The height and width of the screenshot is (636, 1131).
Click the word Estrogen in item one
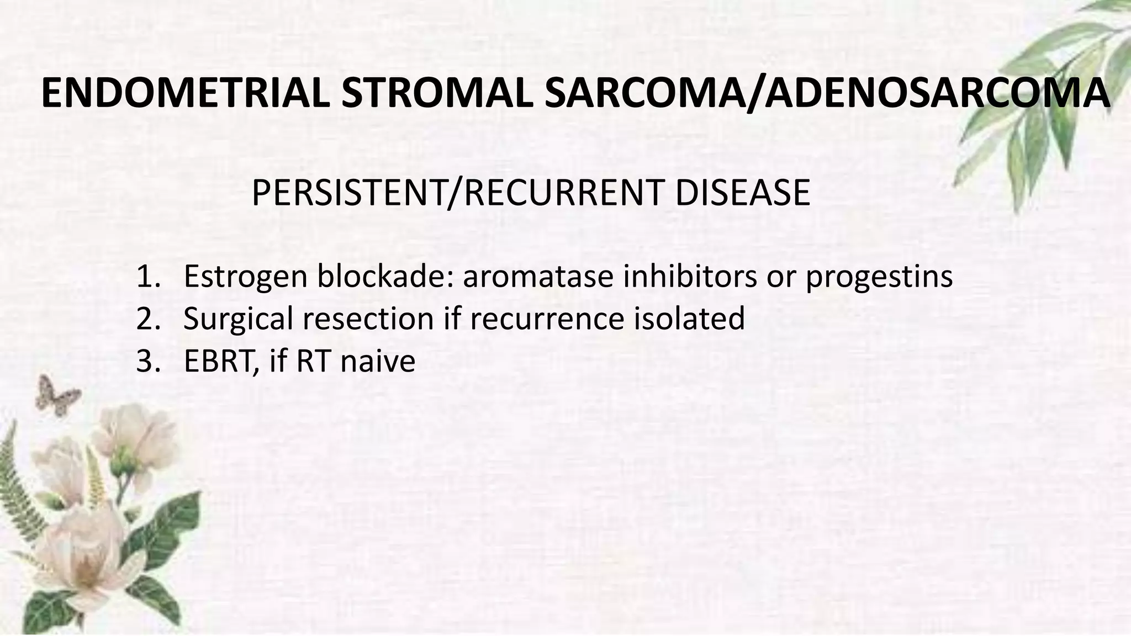(x=245, y=277)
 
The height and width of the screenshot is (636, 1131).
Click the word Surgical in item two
(x=238, y=319)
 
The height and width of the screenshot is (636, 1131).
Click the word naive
(x=378, y=362)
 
